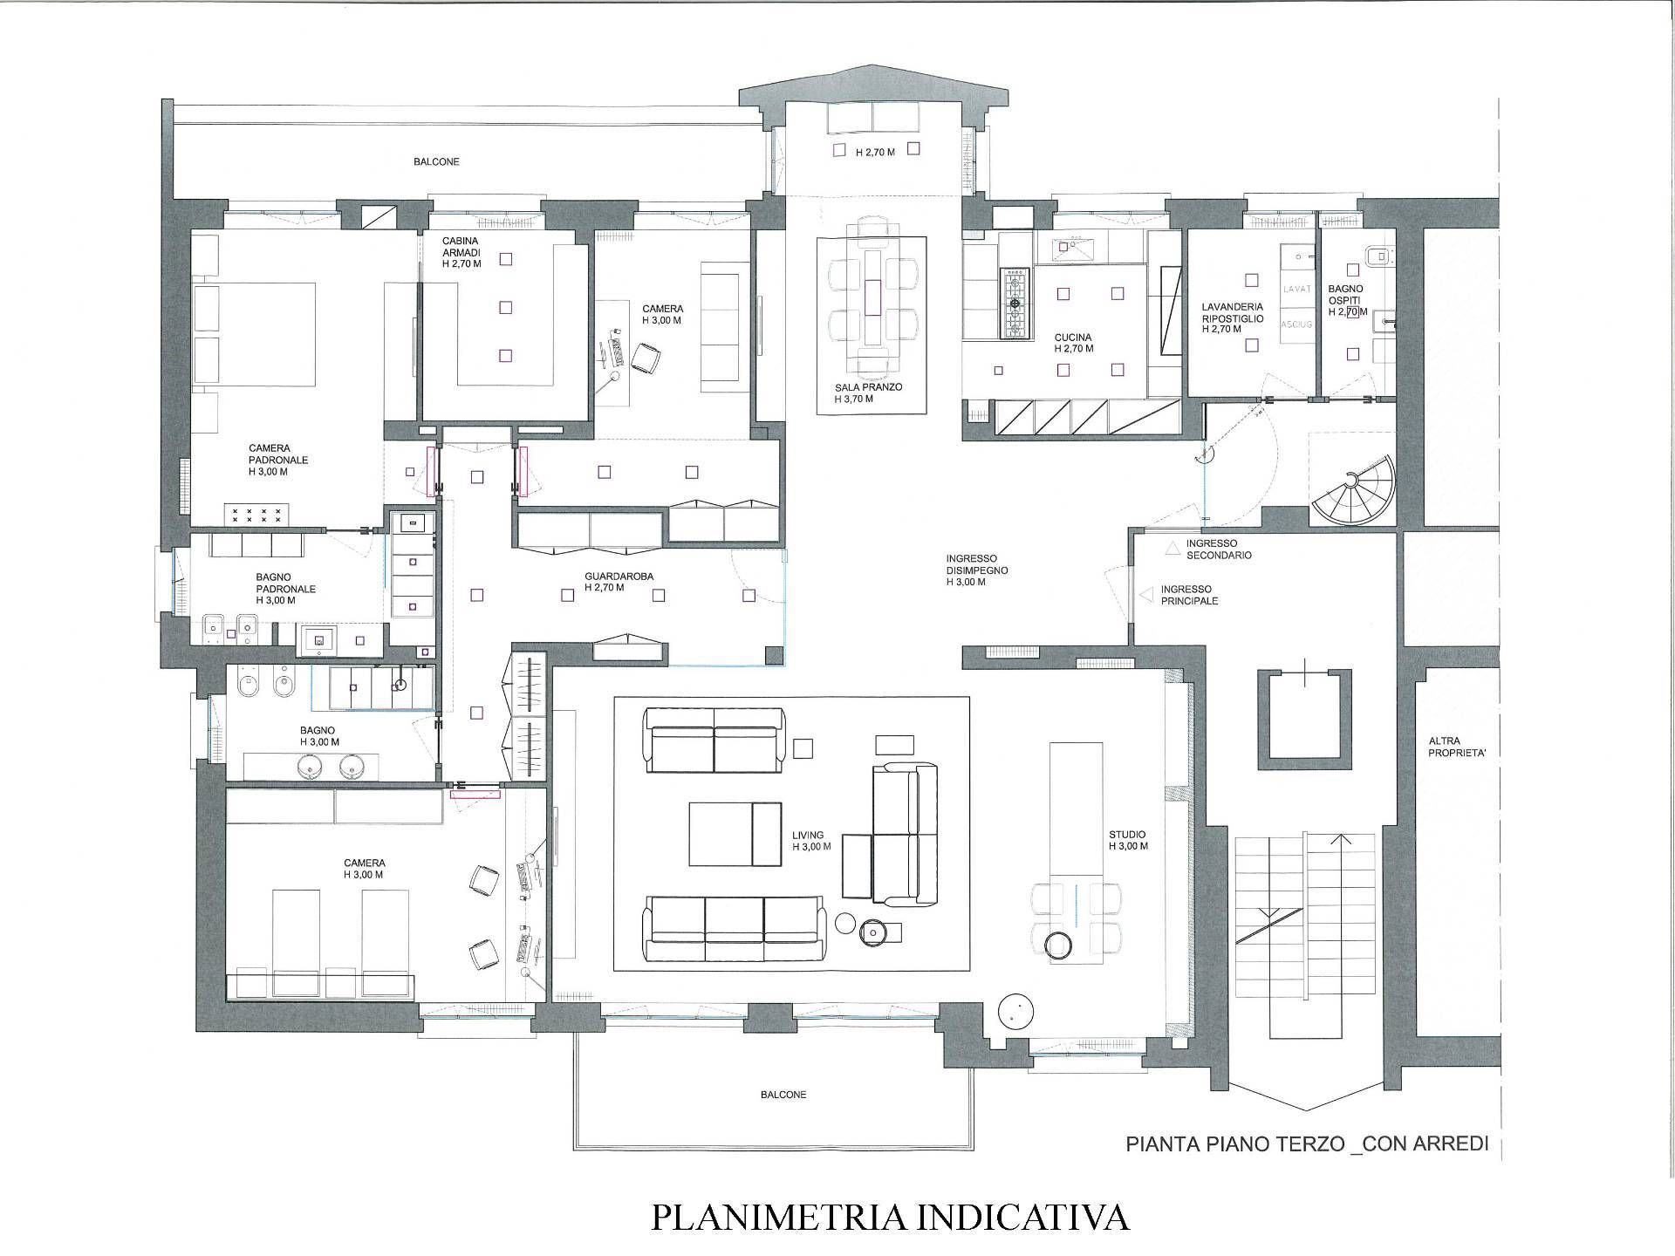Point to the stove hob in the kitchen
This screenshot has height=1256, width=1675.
click(x=1015, y=303)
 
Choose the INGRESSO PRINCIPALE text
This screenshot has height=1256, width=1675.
click(x=1189, y=595)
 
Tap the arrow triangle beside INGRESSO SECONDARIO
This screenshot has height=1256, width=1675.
click(x=1172, y=549)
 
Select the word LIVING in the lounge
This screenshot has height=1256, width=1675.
click(x=808, y=835)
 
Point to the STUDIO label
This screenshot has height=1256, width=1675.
click(x=1128, y=835)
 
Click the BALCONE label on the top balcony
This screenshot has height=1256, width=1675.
click(x=436, y=161)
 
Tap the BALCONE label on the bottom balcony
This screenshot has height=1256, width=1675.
click(x=783, y=1095)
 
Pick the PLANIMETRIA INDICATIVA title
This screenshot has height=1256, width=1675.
click(x=890, y=1217)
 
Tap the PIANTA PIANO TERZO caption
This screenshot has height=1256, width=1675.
click(x=1234, y=1143)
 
